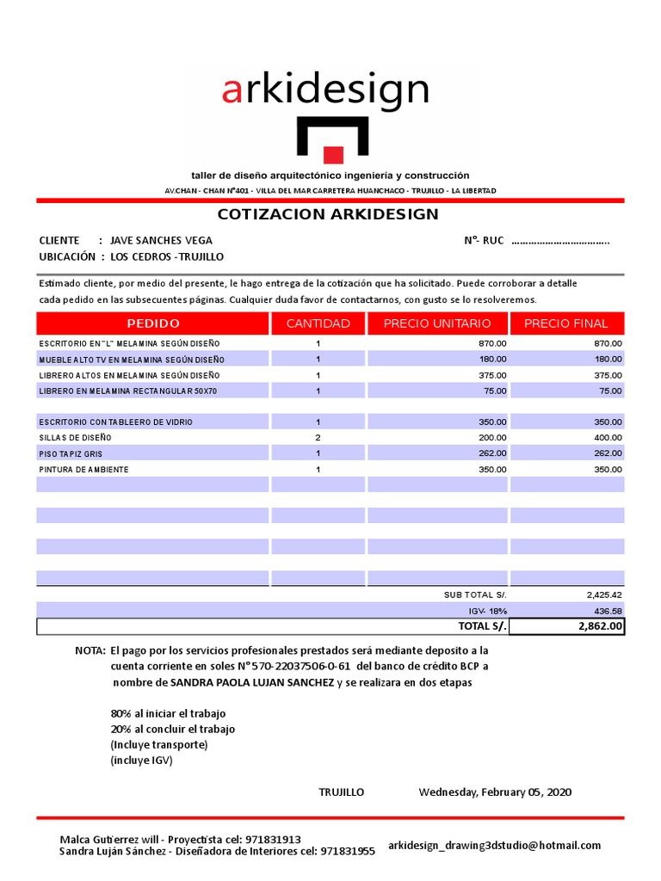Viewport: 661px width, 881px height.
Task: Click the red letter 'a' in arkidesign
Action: [232, 90]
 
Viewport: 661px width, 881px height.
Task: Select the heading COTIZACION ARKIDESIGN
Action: [328, 214]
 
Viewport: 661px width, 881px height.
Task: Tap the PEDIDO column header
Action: [153, 323]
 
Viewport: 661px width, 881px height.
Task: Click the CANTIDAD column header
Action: [318, 323]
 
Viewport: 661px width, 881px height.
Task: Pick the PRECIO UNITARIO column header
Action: [437, 323]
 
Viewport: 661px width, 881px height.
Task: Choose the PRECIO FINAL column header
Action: [565, 323]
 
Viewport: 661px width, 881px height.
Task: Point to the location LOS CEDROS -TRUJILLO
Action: [167, 257]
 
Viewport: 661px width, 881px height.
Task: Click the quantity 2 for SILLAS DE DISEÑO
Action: [318, 438]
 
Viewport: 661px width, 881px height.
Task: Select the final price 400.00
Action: [607, 438]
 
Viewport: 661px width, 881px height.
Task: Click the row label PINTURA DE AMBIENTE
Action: [83, 470]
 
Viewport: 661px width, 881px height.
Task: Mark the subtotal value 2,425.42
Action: [603, 595]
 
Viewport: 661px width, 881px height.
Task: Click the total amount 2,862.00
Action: [599, 626]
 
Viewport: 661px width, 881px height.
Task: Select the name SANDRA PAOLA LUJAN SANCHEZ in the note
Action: [252, 682]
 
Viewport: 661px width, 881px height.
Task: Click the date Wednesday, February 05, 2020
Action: [495, 792]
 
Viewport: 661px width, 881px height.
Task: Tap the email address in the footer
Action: [494, 846]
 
